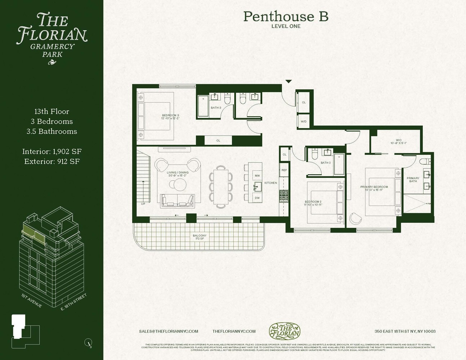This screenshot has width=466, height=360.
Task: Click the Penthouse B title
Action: [286, 17]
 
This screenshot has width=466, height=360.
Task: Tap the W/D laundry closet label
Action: [304, 121]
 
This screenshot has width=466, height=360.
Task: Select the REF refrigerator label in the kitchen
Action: [284, 170]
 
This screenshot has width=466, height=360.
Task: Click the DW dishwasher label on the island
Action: [257, 198]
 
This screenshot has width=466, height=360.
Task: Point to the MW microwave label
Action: [257, 176]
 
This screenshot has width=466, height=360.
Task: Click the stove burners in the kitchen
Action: [284, 197]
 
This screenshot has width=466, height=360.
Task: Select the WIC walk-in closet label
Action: [398, 141]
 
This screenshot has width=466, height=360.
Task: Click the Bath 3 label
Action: [216, 108]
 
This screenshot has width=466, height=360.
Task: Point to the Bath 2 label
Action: [326, 163]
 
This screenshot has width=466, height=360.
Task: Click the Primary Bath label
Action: [413, 180]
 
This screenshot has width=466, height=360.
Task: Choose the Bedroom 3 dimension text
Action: [170, 118]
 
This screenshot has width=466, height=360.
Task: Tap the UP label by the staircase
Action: [143, 204]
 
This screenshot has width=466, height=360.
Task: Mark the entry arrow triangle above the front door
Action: [288, 82]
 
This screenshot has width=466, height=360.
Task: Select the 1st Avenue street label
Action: [32, 301]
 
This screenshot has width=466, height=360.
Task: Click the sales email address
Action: [169, 331]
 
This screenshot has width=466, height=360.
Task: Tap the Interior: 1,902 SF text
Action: [52, 152]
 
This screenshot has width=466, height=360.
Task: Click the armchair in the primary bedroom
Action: [355, 219]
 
